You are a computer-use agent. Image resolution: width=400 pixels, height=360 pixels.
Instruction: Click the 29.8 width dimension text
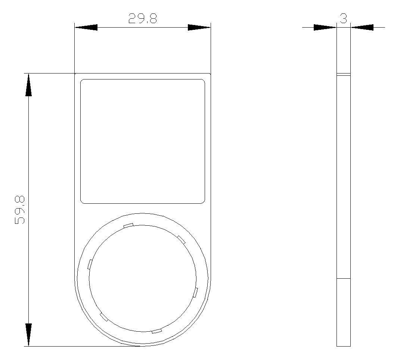point(142,18)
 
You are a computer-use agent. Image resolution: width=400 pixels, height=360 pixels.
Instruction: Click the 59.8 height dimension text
point(20,210)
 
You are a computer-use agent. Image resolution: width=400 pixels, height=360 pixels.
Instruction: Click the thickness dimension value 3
point(344,18)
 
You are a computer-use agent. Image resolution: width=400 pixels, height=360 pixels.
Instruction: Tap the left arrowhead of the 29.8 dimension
point(86,27)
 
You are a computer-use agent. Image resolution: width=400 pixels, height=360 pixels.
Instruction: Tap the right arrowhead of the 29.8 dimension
point(199,27)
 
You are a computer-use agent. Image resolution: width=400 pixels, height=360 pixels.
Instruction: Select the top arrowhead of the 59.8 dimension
point(28,85)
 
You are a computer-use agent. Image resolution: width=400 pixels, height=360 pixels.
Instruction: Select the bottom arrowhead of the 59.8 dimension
point(28,335)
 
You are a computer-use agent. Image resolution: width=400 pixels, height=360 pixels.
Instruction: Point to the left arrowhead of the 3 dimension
point(325,27)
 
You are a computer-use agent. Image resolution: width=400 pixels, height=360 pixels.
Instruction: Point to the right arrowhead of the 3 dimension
point(362,27)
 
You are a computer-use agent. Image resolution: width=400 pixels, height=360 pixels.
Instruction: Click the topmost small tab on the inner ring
point(128,225)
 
